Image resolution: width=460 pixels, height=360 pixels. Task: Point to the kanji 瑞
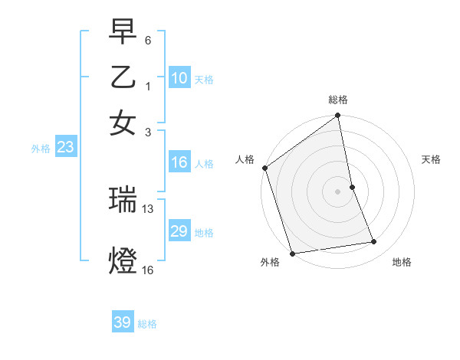[123, 201]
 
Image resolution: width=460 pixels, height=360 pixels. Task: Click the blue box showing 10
[179, 78]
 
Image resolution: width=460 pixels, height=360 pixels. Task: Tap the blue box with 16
[179, 162]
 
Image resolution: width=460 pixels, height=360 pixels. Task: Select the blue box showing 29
[179, 231]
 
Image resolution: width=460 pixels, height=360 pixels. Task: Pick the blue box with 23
[65, 147]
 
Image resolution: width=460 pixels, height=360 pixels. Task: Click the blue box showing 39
[122, 322]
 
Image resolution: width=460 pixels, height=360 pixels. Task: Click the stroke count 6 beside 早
[148, 38]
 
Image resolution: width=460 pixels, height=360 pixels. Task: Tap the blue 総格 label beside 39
[147, 324]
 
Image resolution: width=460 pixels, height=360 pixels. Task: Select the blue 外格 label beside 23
[40, 149]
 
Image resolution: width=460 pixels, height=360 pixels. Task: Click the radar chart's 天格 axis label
[431, 160]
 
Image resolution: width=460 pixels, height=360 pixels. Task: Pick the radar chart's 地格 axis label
[402, 263]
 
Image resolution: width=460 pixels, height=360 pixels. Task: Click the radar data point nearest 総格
[337, 116]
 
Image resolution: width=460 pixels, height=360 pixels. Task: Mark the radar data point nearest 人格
[265, 168]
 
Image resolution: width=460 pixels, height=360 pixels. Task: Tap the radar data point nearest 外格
[292, 254]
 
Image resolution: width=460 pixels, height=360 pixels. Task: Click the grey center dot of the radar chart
[337, 191]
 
